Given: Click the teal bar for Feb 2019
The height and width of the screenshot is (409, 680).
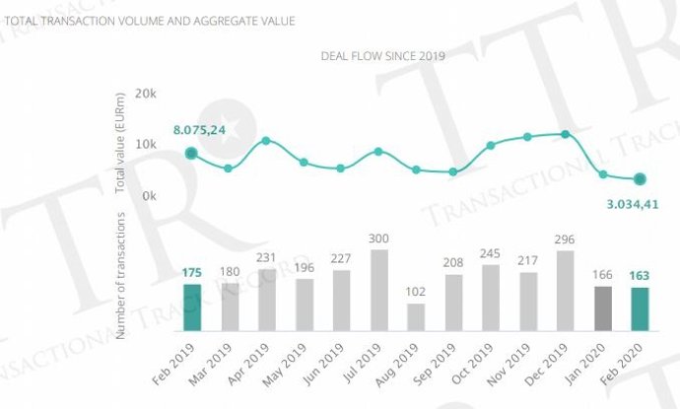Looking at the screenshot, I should click(x=191, y=307).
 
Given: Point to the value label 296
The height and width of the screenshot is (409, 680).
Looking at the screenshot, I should click(x=566, y=239).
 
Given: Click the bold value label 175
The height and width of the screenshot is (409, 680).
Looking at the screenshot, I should click(x=191, y=273).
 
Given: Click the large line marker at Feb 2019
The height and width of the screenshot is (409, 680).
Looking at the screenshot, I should click(x=191, y=153).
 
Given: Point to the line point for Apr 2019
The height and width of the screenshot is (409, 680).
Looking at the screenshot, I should click(x=266, y=141).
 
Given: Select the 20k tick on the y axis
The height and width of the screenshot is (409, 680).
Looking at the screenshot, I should click(x=147, y=94).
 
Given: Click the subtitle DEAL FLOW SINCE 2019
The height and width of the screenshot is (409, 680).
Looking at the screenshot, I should click(x=382, y=56).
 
